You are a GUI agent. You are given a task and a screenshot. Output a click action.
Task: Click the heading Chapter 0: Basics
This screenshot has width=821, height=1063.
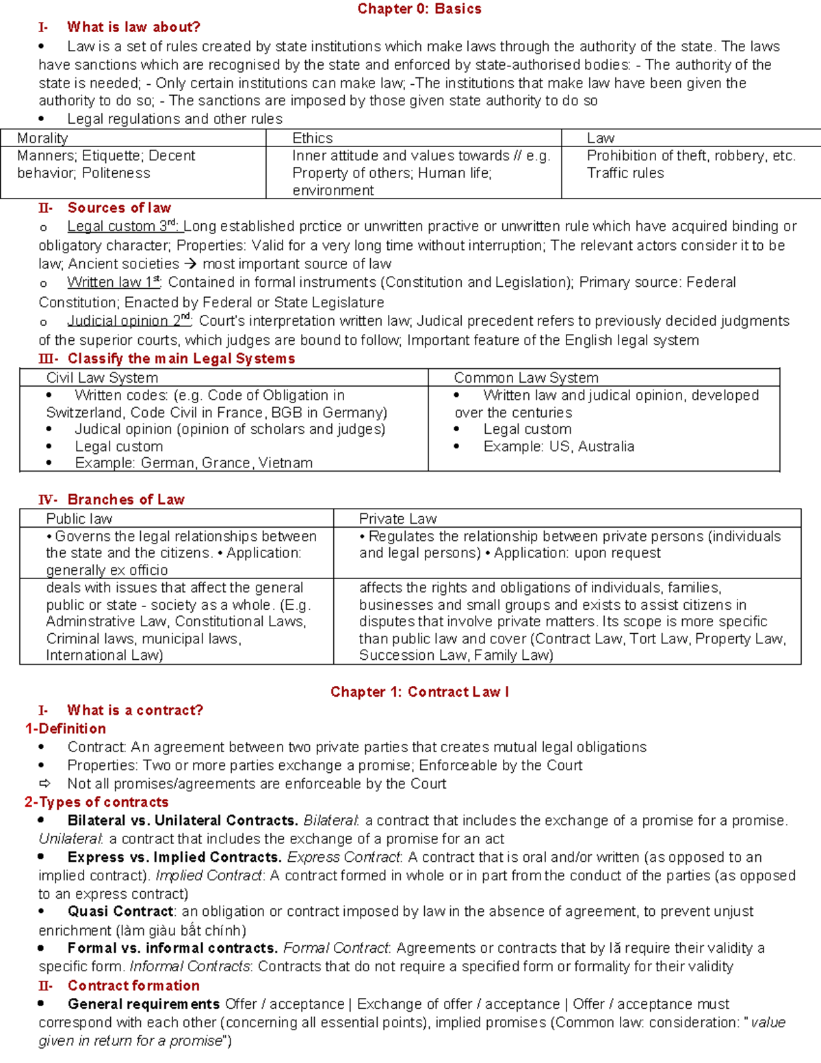pyautogui.click(x=419, y=9)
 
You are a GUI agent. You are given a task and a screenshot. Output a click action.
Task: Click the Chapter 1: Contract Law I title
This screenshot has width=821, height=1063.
pyautogui.click(x=419, y=692)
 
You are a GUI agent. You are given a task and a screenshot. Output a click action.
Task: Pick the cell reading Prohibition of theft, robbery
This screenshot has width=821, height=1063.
pyautogui.click(x=690, y=156)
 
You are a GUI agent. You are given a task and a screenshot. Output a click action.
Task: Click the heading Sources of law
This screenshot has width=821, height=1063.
pyautogui.click(x=119, y=208)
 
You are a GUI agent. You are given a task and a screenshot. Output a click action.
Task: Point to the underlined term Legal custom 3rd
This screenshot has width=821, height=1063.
pyautogui.click(x=122, y=227)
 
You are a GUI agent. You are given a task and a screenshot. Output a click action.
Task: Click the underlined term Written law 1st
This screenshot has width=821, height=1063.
pyautogui.click(x=114, y=282)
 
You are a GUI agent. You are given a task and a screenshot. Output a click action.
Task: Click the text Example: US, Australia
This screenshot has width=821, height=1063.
pyautogui.click(x=558, y=446)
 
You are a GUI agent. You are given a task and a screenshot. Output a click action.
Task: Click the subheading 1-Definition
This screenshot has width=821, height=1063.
pyautogui.click(x=66, y=728)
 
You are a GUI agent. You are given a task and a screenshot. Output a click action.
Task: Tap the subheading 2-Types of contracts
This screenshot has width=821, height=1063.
pyautogui.click(x=96, y=802)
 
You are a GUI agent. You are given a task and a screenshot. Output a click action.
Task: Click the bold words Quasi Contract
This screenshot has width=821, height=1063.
pyautogui.click(x=120, y=912)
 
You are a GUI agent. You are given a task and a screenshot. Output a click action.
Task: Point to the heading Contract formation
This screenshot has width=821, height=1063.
pyautogui.click(x=133, y=986)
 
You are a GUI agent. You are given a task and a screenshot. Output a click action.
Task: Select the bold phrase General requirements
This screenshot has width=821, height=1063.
pyautogui.click(x=144, y=1004)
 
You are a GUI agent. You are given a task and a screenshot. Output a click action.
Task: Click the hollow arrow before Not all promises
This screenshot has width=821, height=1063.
pyautogui.click(x=45, y=784)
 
